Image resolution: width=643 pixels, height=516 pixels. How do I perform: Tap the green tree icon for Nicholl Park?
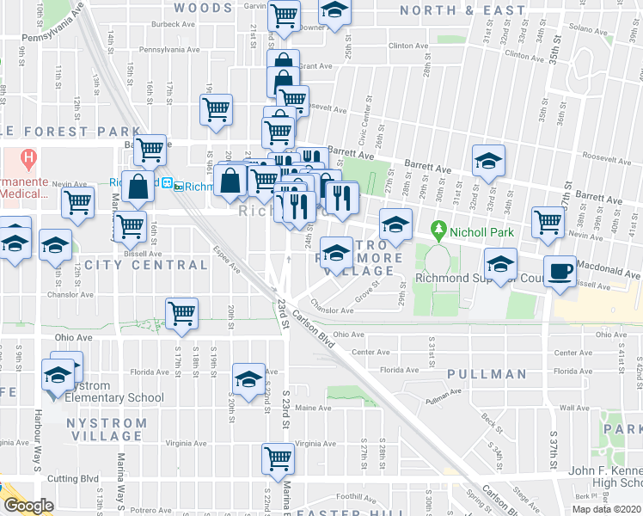point(438,230)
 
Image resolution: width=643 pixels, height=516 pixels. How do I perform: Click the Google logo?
point(28,506)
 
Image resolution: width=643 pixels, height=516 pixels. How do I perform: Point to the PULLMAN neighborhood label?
point(487,374)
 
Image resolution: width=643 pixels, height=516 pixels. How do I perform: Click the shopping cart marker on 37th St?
point(548,222)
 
